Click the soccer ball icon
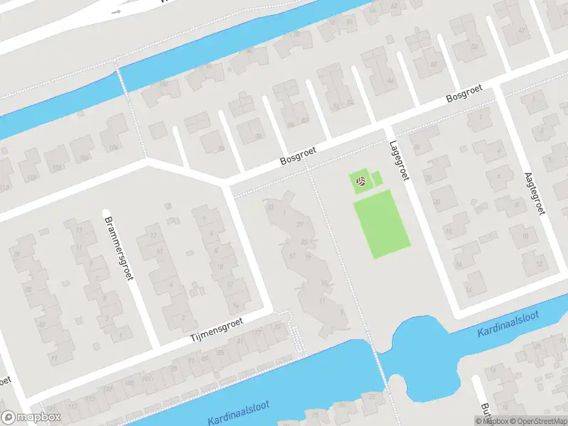[x=361, y=182]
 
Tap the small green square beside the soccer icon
[x=376, y=179]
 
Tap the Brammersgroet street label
[x=119, y=246]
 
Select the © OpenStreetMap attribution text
[x=537, y=421]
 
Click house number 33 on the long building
[x=270, y=207]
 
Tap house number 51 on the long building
[x=292, y=256]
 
